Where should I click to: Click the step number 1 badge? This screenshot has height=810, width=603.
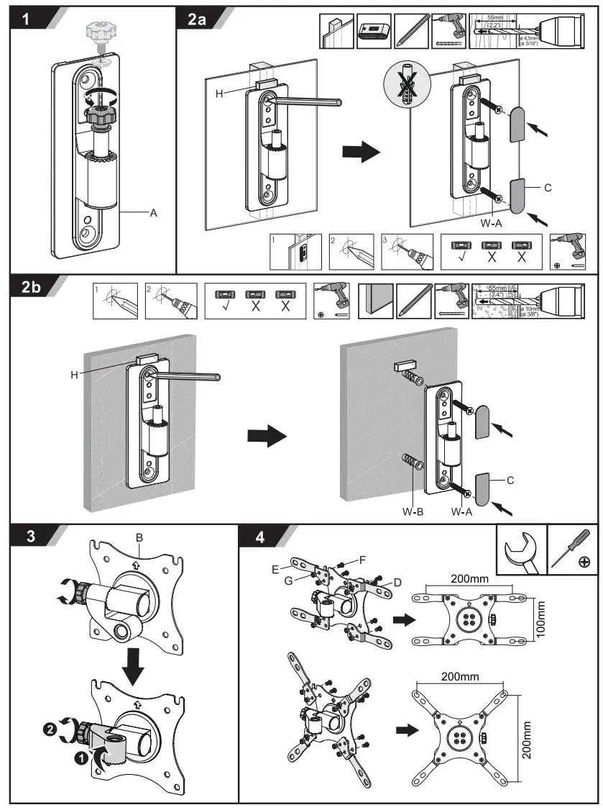(x=26, y=20)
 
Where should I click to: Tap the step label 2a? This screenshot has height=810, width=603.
(x=196, y=20)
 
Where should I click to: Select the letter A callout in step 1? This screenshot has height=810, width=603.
(x=153, y=213)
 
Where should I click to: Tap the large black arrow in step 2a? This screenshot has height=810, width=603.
(x=360, y=152)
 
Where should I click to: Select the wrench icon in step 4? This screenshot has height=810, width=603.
(x=521, y=555)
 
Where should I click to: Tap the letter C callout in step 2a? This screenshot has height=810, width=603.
(x=548, y=188)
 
